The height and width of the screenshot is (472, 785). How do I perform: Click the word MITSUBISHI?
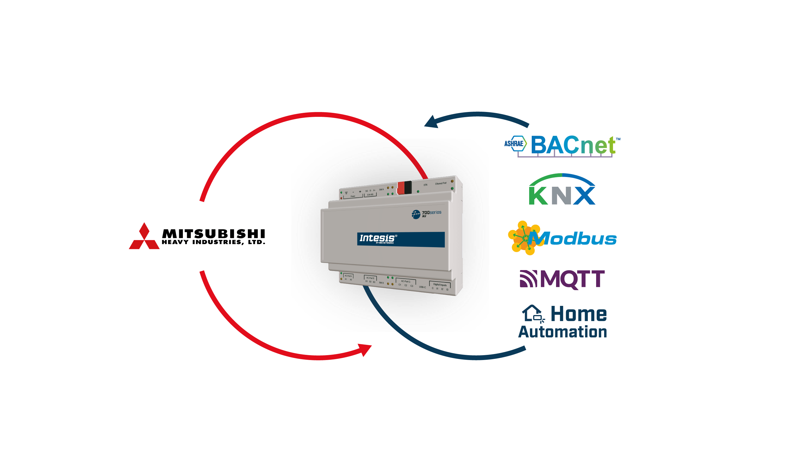click(x=213, y=234)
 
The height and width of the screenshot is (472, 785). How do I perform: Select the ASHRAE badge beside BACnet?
click(x=514, y=144)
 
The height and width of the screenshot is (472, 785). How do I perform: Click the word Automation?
click(x=563, y=332)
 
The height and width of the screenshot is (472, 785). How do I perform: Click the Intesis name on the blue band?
click(x=377, y=238)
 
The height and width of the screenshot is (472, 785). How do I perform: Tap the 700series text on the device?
click(x=431, y=213)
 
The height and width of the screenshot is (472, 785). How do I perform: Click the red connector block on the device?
click(x=401, y=188)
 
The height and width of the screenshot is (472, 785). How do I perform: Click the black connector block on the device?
click(x=408, y=187)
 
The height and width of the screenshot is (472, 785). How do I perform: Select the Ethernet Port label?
click(x=440, y=184)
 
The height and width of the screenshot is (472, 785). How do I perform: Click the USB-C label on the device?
click(x=422, y=287)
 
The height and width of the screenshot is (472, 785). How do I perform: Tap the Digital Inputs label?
click(x=440, y=285)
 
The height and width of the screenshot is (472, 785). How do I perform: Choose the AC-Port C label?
click(x=406, y=282)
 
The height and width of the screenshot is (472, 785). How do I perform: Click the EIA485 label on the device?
click(x=370, y=194)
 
